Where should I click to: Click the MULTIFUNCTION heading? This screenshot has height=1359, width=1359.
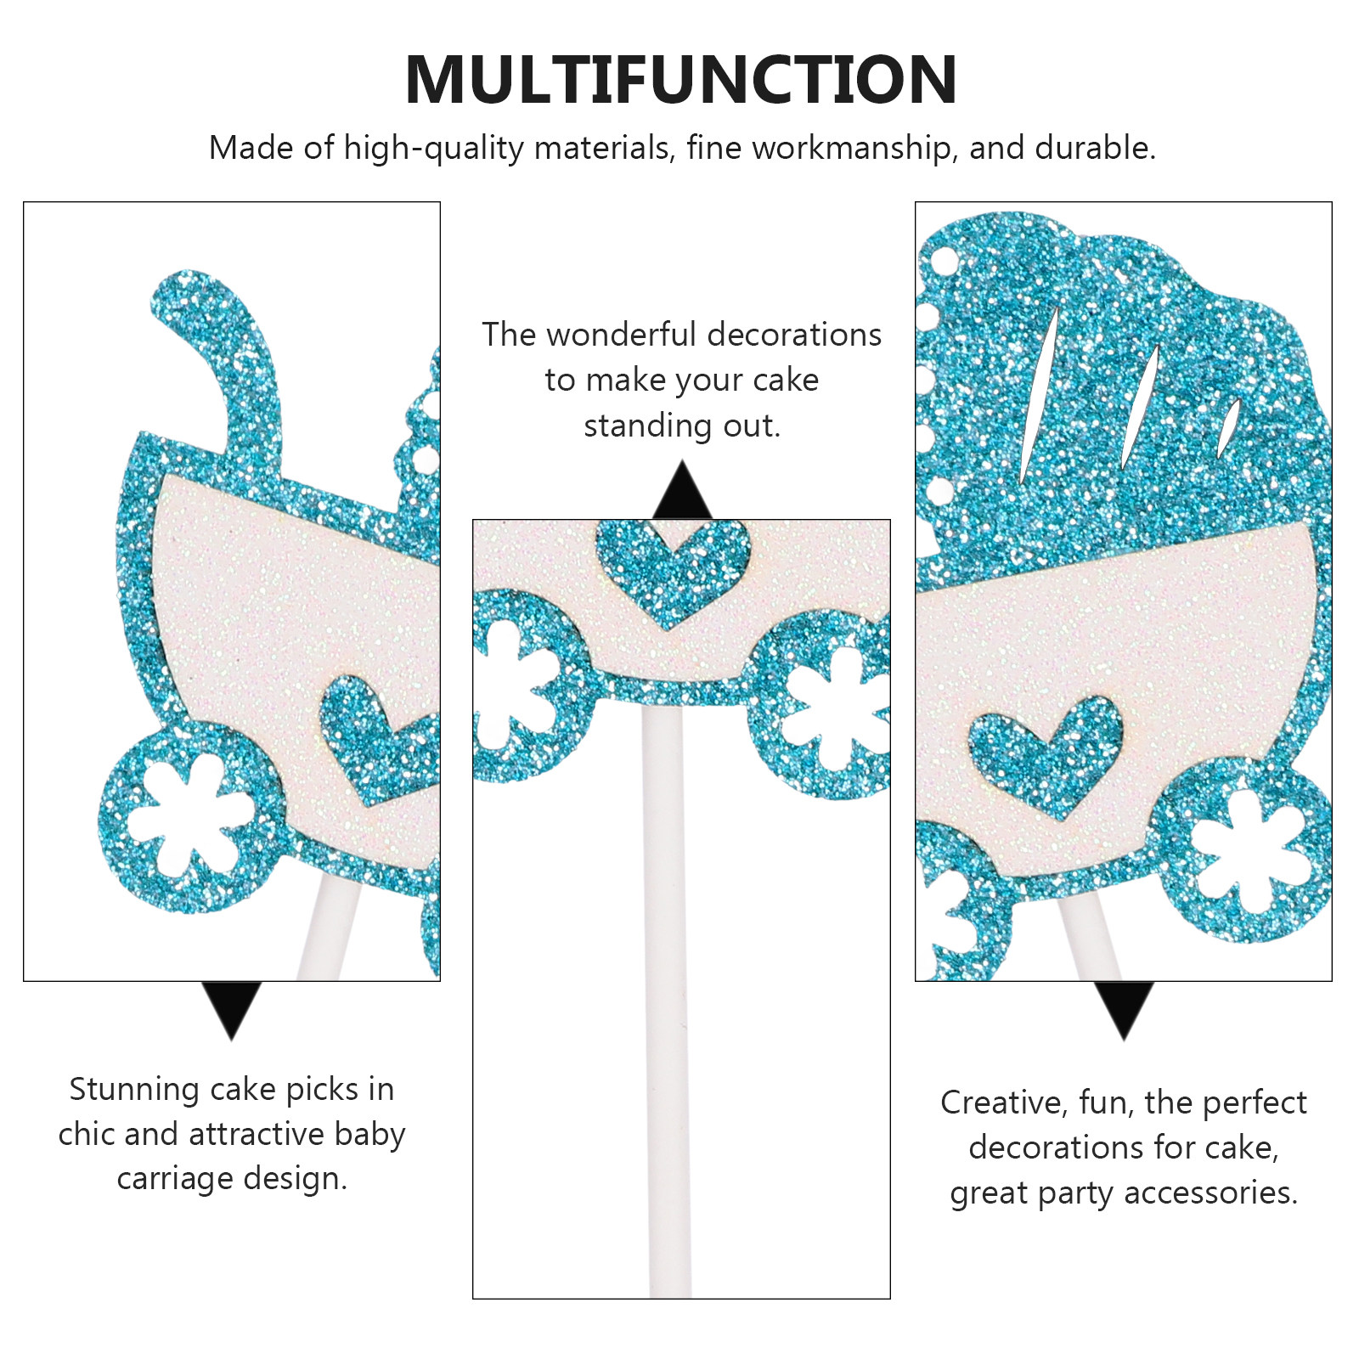coord(681,80)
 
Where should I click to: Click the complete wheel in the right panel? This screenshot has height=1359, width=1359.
coord(1241,849)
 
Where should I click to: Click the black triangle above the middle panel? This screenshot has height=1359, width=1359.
coord(682,490)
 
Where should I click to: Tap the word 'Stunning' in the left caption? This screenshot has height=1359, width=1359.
coord(135,1090)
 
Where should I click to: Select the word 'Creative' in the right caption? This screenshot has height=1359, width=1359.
coord(1003,1102)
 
